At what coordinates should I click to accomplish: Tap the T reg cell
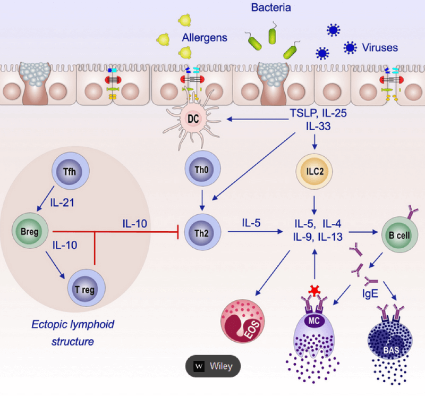click(x=87, y=289)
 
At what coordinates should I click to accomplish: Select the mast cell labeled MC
click(x=316, y=321)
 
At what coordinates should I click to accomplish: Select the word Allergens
click(x=205, y=38)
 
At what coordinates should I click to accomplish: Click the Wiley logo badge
click(x=213, y=366)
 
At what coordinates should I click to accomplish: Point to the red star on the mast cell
click(x=316, y=290)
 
